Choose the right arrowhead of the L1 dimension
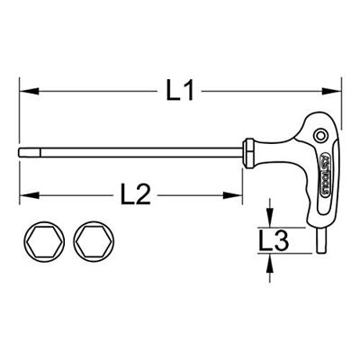pyautogui.click(x=338, y=90)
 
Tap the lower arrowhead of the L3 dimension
pyautogui.click(x=270, y=260)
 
